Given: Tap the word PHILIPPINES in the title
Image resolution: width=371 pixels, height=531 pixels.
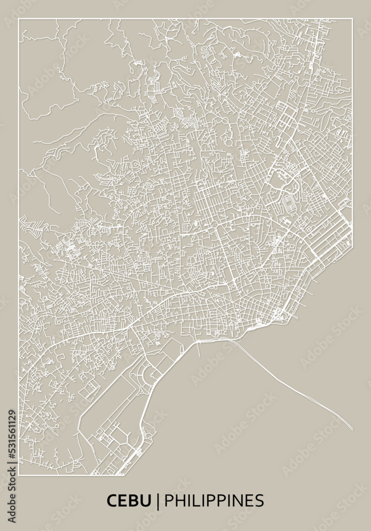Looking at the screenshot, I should tap(214, 501).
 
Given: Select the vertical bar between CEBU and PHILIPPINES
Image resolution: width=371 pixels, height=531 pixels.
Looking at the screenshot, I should tap(158, 501).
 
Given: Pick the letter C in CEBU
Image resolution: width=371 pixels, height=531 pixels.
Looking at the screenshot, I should tap(112, 501).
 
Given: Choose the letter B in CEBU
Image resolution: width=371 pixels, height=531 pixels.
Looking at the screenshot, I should tap(134, 501).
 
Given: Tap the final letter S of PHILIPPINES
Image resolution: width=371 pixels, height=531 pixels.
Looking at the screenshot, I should tap(259, 501).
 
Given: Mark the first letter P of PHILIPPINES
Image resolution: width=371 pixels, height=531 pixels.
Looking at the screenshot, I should tap(168, 501).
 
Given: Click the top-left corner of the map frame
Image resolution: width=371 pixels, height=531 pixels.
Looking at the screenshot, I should tap(19, 19).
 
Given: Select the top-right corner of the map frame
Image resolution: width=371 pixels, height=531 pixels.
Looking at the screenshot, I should tap(352, 19).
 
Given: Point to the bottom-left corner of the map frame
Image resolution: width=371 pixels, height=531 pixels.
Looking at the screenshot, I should tap(19, 475).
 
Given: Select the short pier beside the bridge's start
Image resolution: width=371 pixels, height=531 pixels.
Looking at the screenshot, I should tap(198, 348).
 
